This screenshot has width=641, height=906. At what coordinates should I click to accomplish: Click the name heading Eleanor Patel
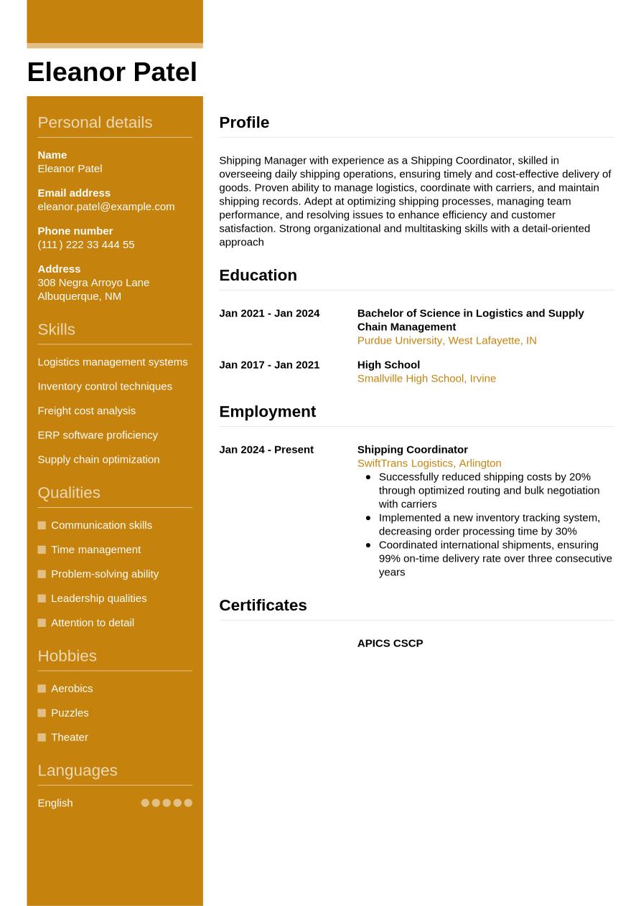pyautogui.click(x=112, y=72)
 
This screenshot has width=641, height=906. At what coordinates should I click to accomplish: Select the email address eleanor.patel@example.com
pyautogui.click(x=106, y=207)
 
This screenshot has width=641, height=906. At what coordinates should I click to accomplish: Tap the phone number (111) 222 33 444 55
pyautogui.click(x=85, y=245)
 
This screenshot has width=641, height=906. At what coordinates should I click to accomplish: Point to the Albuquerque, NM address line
pyautogui.click(x=79, y=296)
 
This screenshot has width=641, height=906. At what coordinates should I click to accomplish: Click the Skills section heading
pyautogui.click(x=56, y=329)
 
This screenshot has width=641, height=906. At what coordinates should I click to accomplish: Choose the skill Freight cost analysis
pyautogui.click(x=86, y=411)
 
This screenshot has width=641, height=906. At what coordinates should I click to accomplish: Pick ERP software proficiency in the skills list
pyautogui.click(x=97, y=435)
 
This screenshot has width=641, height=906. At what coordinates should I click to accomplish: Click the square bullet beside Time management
pyautogui.click(x=42, y=550)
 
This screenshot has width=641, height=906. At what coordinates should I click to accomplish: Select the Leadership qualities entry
pyautogui.click(x=98, y=598)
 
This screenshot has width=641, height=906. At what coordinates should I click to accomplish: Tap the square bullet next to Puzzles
pyautogui.click(x=42, y=713)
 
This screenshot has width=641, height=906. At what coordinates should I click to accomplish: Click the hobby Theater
pyautogui.click(x=69, y=737)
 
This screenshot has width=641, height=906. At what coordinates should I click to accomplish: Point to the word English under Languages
pyautogui.click(x=55, y=803)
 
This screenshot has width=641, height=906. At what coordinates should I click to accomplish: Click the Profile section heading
pyautogui.click(x=244, y=123)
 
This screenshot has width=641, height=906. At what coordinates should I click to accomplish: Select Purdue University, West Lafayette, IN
pyautogui.click(x=446, y=341)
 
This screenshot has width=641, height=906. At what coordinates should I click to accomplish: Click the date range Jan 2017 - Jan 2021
pyautogui.click(x=269, y=365)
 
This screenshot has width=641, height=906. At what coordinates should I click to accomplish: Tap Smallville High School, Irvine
pyautogui.click(x=426, y=379)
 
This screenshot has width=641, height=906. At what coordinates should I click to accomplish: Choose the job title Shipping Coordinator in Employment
pyautogui.click(x=412, y=450)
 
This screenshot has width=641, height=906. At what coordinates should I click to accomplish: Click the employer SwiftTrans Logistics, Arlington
pyautogui.click(x=429, y=463)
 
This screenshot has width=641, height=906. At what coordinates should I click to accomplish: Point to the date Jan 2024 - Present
pyautogui.click(x=266, y=450)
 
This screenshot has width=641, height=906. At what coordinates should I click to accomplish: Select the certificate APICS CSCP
pyautogui.click(x=390, y=643)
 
